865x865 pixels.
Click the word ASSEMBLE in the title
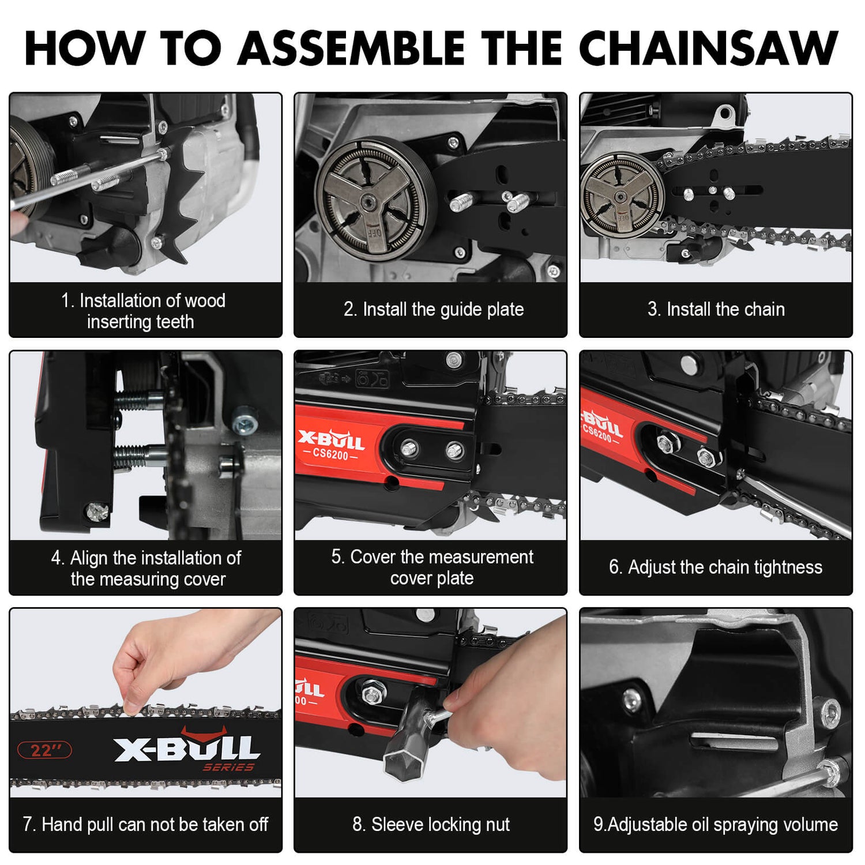point(351,48)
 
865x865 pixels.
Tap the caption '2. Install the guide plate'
point(433,310)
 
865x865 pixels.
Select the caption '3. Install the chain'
point(716,310)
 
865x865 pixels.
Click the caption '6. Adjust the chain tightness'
point(716,567)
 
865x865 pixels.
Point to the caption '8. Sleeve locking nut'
point(431,825)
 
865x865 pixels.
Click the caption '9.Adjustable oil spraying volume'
point(716,825)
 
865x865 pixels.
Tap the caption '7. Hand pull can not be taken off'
point(145,825)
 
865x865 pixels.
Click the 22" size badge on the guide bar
point(45,750)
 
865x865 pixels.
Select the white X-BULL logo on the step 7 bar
point(187,749)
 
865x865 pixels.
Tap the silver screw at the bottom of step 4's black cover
point(96,511)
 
